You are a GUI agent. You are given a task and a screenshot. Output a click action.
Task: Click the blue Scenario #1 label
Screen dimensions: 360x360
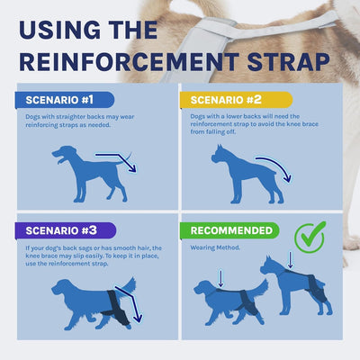(x=65, y=100)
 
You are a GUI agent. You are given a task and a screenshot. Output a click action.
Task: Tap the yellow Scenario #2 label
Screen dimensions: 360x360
(x=236, y=100)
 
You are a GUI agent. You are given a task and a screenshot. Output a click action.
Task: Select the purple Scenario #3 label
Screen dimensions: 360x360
(x=66, y=230)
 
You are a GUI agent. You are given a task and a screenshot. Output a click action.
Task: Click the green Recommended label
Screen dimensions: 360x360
(x=229, y=230)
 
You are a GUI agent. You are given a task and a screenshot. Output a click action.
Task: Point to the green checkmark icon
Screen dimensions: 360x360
(x=310, y=238)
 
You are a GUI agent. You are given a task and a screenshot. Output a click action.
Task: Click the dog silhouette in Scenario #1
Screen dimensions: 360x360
(x=90, y=174)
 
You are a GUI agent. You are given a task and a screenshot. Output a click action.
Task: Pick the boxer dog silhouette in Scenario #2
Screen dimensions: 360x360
(x=247, y=174)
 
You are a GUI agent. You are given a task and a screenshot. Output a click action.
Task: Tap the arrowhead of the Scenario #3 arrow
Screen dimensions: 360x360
(x=138, y=318)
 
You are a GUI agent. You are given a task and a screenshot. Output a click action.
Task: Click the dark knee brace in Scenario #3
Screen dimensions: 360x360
(x=118, y=308)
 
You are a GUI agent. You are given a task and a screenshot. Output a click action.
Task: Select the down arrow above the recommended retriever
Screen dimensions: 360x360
(x=220, y=278)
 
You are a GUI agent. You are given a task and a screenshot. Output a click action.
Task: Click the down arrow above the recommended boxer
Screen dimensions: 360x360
(x=290, y=260)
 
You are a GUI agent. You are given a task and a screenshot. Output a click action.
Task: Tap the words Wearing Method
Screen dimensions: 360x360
(x=215, y=247)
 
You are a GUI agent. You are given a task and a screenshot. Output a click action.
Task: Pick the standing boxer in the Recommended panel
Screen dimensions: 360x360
(x=295, y=285)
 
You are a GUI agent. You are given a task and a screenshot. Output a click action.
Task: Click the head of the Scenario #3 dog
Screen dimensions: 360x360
(x=62, y=288)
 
